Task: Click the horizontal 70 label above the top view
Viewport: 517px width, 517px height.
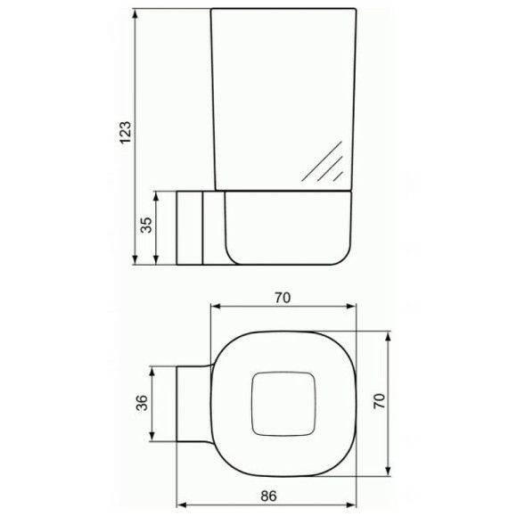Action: click(283, 298)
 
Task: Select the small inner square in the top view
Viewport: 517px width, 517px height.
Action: click(283, 404)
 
